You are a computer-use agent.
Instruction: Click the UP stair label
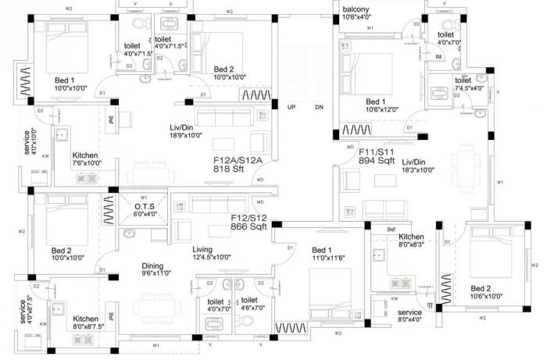click(x=291, y=107)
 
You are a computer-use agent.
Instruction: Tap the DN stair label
click(x=319, y=107)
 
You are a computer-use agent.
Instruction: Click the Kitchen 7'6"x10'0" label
click(x=85, y=159)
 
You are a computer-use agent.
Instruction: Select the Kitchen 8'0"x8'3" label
click(x=411, y=241)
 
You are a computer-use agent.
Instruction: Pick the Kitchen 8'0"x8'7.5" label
click(x=86, y=323)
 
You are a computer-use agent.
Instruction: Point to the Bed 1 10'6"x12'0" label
click(x=377, y=105)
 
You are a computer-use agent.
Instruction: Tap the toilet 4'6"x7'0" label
click(x=250, y=304)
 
